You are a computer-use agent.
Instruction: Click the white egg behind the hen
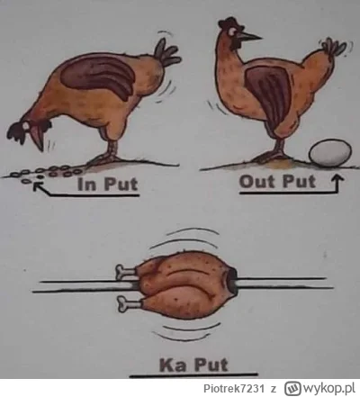click(330, 152)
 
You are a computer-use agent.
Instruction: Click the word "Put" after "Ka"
click(211, 365)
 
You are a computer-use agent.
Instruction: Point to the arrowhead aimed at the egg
click(337, 178)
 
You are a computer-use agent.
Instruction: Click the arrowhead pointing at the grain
click(37, 187)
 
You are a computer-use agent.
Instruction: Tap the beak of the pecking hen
click(38, 140)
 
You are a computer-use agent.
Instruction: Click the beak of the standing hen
click(249, 37)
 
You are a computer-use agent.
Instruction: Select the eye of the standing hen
click(232, 31)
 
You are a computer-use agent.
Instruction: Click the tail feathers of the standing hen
click(334, 47)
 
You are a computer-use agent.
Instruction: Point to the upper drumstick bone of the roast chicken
click(125, 271)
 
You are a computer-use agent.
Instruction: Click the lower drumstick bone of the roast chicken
click(128, 303)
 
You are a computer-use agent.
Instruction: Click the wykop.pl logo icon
click(292, 388)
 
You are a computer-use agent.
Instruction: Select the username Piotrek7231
click(234, 388)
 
